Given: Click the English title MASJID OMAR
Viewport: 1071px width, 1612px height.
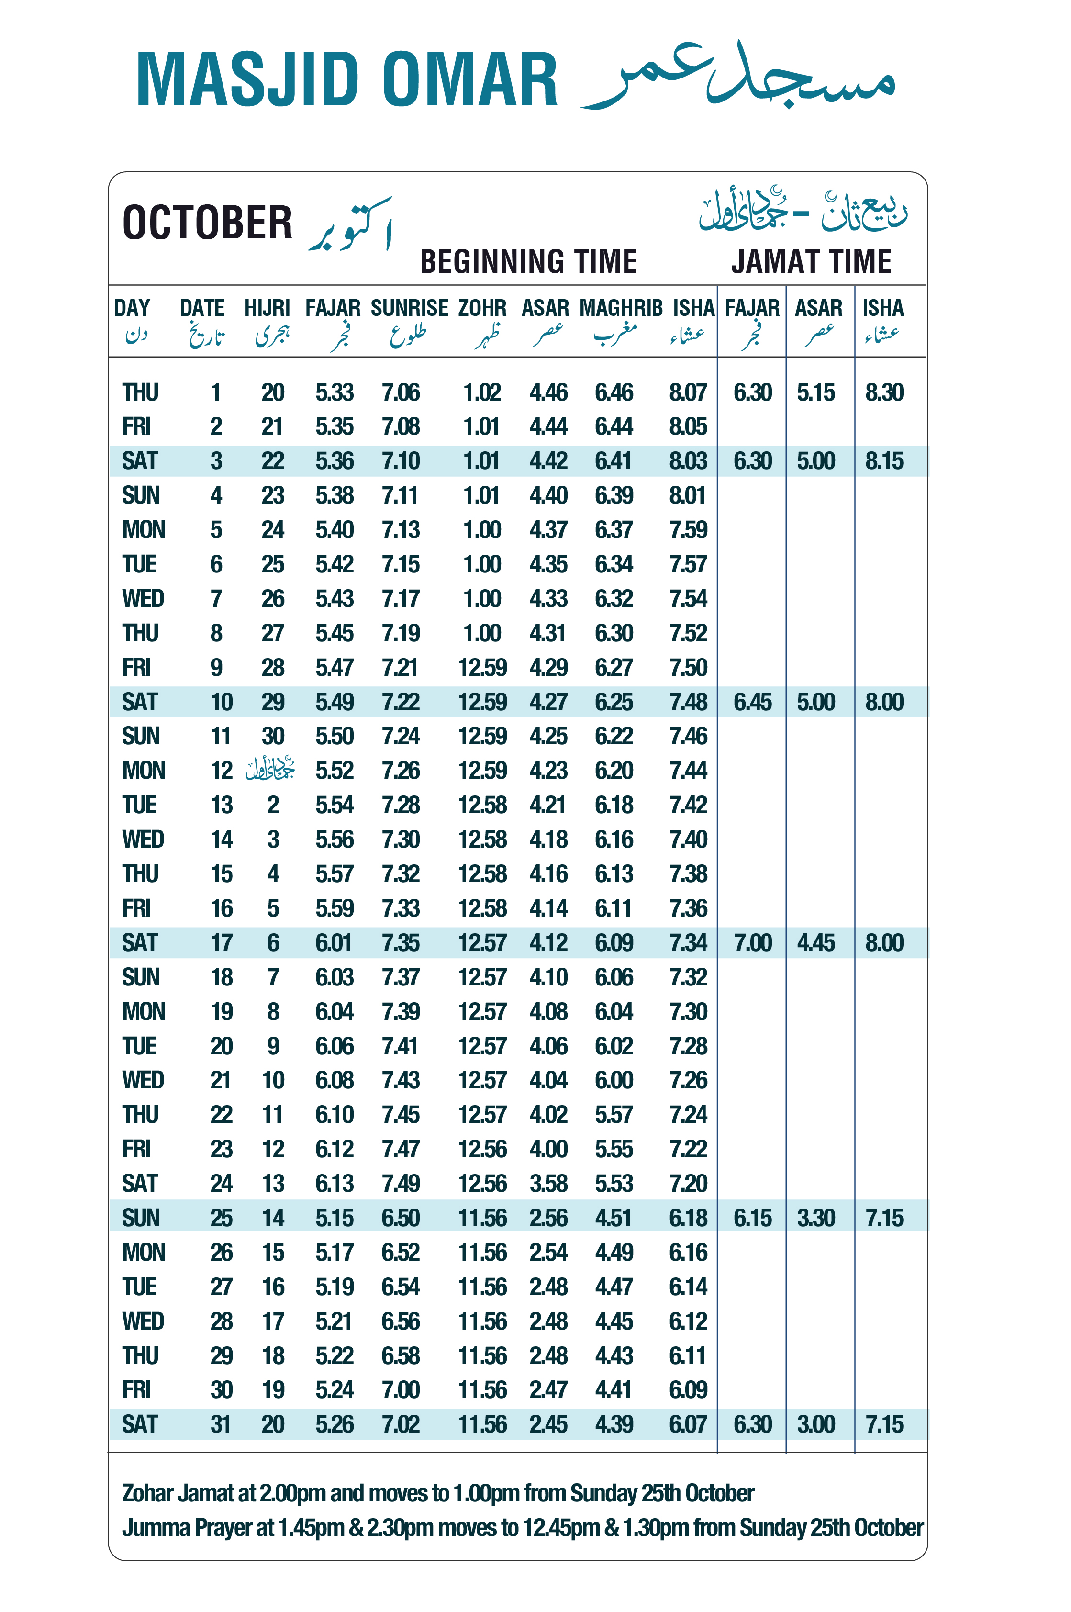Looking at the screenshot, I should coord(347,79).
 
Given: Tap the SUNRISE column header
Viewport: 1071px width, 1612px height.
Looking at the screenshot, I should coord(409,308).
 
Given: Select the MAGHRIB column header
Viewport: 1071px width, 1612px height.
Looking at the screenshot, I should coord(620,308).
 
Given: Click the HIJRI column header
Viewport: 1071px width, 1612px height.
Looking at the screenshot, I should coord(267,308).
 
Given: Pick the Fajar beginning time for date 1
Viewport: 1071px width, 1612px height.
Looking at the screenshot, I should coord(334,393).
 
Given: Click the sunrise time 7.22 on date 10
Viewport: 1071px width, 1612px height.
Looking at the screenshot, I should coord(400,702).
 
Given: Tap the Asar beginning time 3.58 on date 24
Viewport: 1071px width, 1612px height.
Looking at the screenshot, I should coord(548,1183).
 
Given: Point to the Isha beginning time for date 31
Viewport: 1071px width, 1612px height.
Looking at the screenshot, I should coord(688,1424).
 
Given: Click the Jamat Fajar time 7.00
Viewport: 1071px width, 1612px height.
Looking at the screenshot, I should coord(752,943).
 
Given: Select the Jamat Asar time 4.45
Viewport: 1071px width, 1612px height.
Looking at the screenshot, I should coord(815,943).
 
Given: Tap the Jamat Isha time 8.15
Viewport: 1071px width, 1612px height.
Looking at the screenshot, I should coord(884,461).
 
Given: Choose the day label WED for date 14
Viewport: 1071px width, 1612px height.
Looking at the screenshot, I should coord(143,840).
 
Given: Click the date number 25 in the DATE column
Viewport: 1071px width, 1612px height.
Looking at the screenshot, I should coord(221,1218).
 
